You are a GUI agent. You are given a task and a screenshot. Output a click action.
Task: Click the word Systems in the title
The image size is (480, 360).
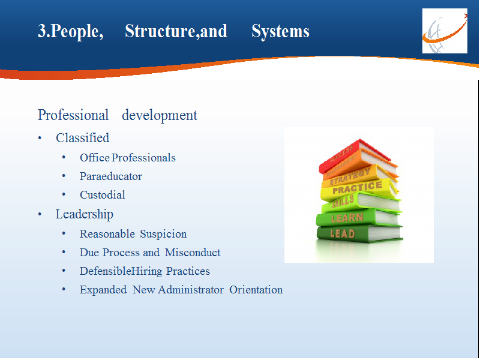click(280, 31)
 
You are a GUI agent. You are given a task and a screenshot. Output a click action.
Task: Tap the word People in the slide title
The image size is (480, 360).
click(74, 31)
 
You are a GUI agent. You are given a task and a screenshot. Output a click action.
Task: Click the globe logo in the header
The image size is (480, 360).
click(445, 31)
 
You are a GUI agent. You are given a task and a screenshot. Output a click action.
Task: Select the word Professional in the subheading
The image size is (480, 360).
click(73, 115)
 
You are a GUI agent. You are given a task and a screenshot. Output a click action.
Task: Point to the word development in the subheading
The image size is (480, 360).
click(160, 115)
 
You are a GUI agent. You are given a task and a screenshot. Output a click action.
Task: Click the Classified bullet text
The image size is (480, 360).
click(82, 138)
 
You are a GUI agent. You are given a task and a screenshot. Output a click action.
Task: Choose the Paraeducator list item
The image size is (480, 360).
click(111, 176)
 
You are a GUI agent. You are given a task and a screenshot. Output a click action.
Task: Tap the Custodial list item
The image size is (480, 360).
click(102, 194)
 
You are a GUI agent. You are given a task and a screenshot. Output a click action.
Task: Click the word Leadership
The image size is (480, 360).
click(84, 214)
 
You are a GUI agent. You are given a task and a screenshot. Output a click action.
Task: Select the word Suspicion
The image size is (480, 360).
click(163, 234)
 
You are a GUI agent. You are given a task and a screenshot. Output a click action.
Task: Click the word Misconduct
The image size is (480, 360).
click(193, 253)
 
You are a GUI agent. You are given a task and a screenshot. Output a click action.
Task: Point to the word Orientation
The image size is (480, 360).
click(256, 290)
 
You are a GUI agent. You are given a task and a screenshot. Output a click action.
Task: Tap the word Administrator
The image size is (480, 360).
click(191, 290)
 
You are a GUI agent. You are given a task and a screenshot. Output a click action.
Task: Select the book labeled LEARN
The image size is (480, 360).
click(359, 217)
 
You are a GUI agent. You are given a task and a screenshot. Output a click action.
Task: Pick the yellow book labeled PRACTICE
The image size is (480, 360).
click(359, 189)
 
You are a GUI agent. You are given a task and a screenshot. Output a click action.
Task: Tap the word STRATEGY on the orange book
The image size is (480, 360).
click(350, 176)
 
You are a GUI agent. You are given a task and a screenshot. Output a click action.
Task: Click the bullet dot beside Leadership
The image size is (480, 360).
click(40, 214)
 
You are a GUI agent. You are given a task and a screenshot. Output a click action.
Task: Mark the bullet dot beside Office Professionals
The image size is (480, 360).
click(64, 158)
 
